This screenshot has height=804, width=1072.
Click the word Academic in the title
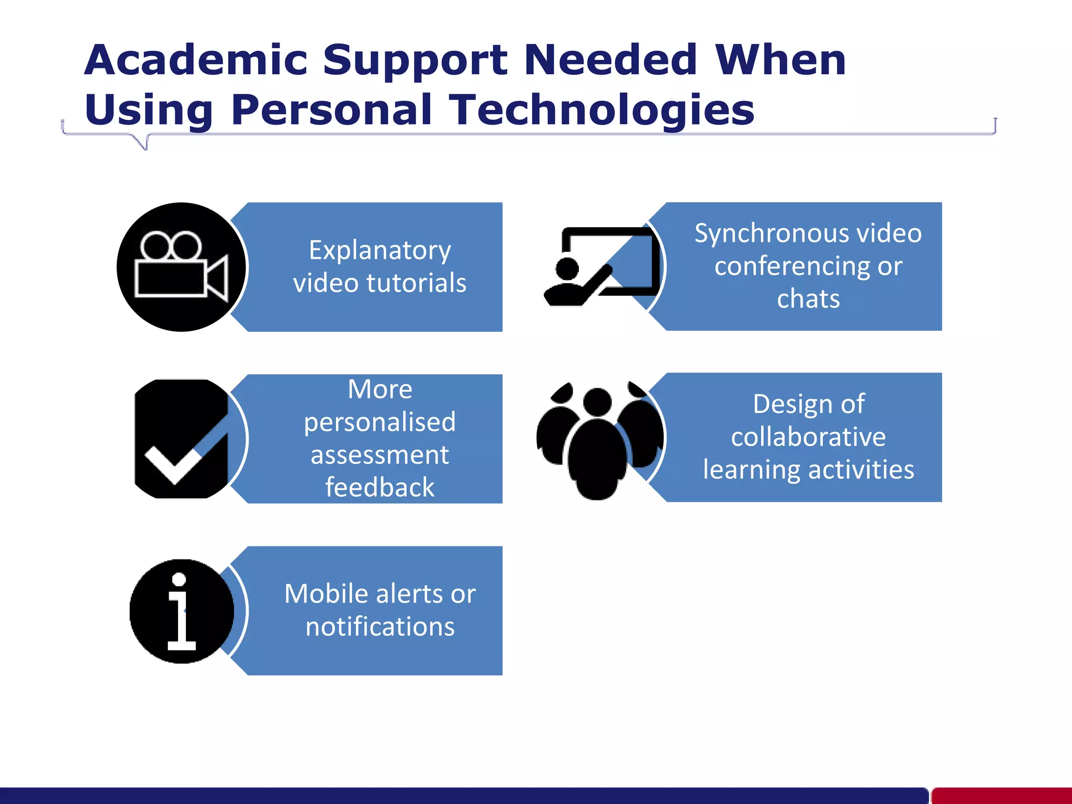196,60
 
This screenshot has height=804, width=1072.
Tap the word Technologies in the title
602,110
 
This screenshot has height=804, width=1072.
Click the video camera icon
181,267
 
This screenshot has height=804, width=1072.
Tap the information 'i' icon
181,611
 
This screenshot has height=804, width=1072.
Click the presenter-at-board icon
600,267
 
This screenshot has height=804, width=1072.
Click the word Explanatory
379,250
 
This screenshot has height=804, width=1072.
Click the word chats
808,299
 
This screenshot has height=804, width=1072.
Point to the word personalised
379,422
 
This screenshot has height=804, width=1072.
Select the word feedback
379,487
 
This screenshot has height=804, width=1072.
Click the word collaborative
808,437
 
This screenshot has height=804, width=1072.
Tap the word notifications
380,627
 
